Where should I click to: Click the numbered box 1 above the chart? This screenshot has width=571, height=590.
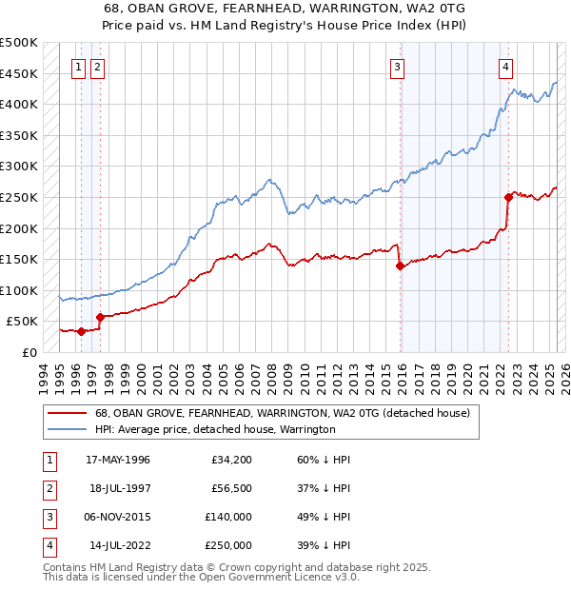pos(81,67)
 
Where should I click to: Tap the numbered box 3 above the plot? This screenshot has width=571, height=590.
pos(397,67)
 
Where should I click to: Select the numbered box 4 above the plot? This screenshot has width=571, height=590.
pos(506,67)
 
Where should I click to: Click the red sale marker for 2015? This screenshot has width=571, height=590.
pos(400,266)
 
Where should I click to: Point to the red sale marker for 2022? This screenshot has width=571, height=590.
pos(508,198)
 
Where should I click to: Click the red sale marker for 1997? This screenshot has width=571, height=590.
pos(100,317)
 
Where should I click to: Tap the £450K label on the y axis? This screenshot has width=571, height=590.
pos(19,73)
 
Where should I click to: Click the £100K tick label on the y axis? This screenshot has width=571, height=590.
pos(19,290)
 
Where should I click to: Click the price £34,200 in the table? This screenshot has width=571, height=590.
pos(231,460)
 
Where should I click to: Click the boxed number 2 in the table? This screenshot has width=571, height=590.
pos(49,488)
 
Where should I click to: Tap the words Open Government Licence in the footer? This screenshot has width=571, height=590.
pos(275,578)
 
